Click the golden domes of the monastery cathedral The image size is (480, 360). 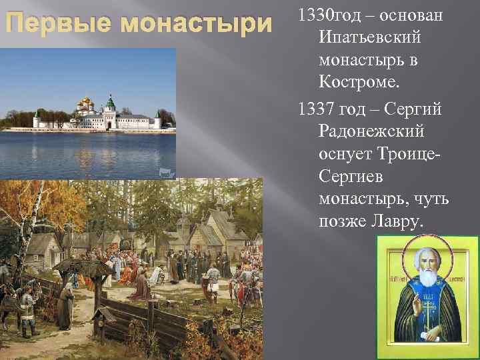(87, 103)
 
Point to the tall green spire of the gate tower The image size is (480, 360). (111, 102)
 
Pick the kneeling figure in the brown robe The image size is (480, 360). (140, 287)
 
